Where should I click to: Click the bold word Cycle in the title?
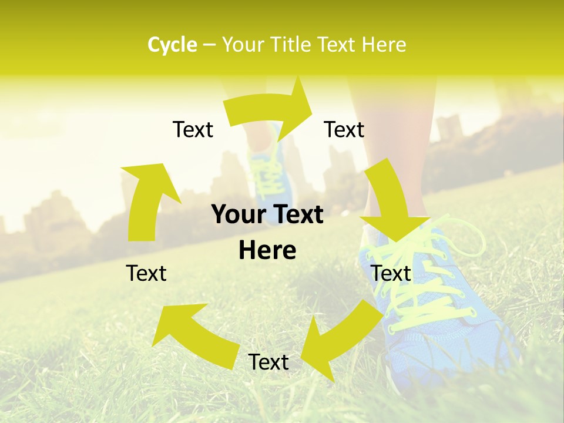(172, 45)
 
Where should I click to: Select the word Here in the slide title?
(384, 45)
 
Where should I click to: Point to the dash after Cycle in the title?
(209, 45)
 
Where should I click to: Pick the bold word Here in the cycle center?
(267, 251)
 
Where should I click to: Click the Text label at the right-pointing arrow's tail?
(193, 129)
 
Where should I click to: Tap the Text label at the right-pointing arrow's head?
(344, 129)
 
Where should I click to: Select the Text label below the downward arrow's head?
(391, 273)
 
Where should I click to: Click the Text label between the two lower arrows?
(268, 362)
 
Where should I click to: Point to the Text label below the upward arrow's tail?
(146, 273)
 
